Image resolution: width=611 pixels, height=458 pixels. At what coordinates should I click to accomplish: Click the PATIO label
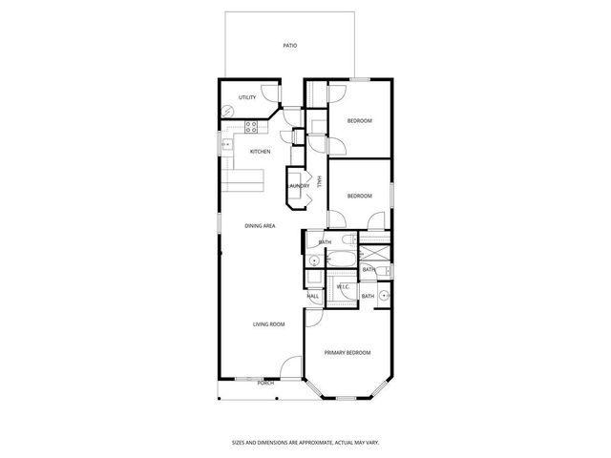click(x=289, y=46)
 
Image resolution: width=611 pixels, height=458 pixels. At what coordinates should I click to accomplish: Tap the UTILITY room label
click(x=248, y=97)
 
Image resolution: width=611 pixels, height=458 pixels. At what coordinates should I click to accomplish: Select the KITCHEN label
click(x=260, y=152)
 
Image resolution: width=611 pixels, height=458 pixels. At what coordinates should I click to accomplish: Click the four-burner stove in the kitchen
click(x=254, y=126)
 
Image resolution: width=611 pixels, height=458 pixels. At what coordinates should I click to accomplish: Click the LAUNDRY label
click(x=299, y=186)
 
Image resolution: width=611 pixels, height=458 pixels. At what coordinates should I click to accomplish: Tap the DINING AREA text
click(x=260, y=225)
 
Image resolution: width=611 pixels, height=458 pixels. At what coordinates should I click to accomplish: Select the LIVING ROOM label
click(x=268, y=324)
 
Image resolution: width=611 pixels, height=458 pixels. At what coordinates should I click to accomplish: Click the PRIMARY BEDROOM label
click(x=347, y=353)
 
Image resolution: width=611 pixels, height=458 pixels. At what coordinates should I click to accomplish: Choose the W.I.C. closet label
click(x=343, y=287)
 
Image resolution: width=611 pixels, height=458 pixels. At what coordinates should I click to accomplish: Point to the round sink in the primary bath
click(x=384, y=296)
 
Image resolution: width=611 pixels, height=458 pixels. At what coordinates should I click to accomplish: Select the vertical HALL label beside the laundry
click(x=318, y=183)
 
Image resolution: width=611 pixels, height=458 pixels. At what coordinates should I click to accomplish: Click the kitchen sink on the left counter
click(x=227, y=146)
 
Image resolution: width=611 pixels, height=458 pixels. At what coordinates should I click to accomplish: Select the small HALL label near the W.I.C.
click(x=312, y=296)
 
